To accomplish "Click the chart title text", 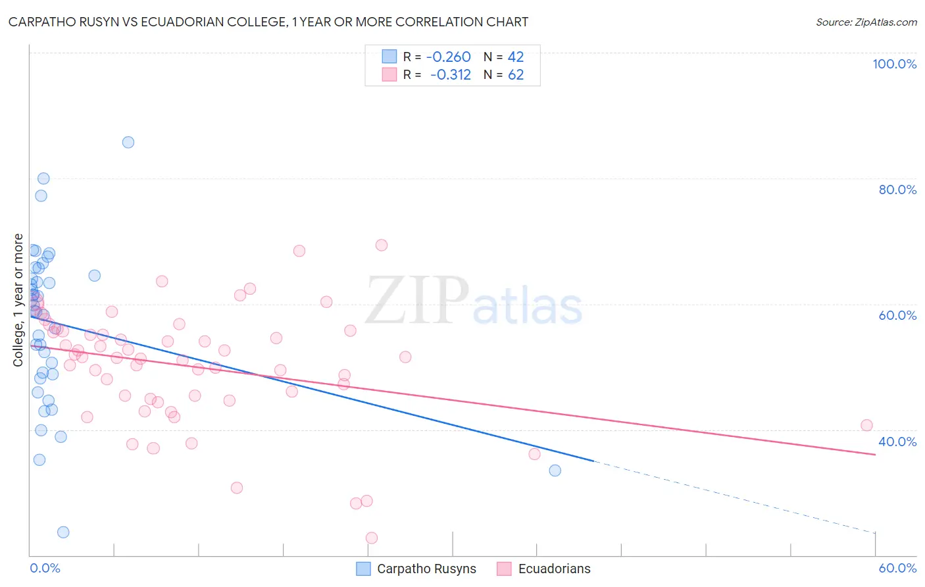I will click(x=268, y=22).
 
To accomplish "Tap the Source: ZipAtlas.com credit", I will click(x=866, y=22).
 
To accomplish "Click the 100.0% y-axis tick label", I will click(x=894, y=64).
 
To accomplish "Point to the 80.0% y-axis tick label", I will click(x=897, y=190).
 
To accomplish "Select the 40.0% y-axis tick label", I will click(x=897, y=441).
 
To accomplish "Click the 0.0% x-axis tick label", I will click(x=45, y=568).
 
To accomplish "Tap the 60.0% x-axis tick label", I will click(x=897, y=568).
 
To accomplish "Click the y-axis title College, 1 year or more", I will click(x=18, y=299).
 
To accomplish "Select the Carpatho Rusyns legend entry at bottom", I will click(x=416, y=569).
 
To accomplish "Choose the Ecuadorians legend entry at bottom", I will click(x=544, y=569).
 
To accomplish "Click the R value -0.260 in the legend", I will click(x=449, y=57).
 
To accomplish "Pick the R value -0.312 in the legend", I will click(x=450, y=75).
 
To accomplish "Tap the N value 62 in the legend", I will click(x=516, y=75).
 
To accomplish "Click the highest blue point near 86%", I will click(x=128, y=142).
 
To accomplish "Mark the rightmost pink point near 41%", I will click(x=866, y=425).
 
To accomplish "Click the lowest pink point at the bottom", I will click(x=372, y=538).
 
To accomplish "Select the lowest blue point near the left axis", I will click(x=63, y=532).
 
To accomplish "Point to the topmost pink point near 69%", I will click(x=382, y=245).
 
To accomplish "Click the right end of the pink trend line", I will click(x=875, y=454).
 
